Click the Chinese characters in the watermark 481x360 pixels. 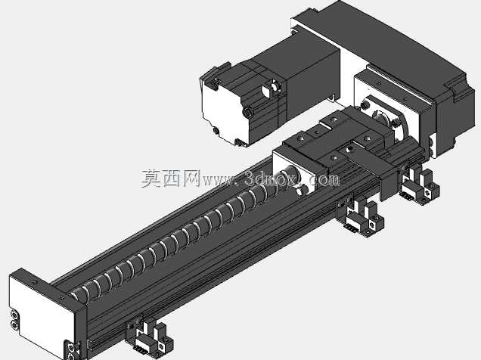[x=171, y=178]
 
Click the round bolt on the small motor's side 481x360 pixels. [x=247, y=112]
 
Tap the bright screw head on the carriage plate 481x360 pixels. [x=349, y=150]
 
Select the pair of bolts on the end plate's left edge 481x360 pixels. [x=14, y=319]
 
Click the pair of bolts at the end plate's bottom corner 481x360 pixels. [x=70, y=352]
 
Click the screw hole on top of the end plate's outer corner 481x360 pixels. [x=34, y=282]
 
